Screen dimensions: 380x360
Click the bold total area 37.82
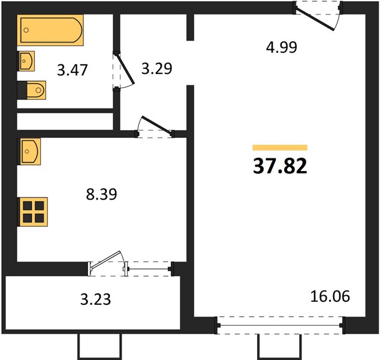[280, 166]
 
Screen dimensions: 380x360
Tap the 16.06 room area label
[330, 296]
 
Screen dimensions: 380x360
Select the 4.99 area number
[281, 47]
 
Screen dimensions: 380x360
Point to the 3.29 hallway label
[157, 68]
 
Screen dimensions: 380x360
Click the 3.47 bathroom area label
[72, 70]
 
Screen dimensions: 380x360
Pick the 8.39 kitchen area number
[101, 194]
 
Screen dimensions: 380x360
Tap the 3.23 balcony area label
[95, 299]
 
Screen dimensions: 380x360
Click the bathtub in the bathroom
[50, 30]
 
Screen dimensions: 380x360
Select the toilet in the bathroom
[32, 90]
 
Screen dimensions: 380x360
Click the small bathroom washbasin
[26, 61]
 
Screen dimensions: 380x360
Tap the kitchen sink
[29, 152]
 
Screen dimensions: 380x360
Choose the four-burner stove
[32, 212]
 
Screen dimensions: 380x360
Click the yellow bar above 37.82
[280, 148]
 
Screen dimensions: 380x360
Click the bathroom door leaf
[125, 69]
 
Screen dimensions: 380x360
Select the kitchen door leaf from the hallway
[157, 125]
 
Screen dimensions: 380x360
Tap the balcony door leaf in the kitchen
[105, 260]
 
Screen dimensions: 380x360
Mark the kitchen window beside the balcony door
[148, 269]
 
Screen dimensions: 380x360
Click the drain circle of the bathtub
[26, 30]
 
